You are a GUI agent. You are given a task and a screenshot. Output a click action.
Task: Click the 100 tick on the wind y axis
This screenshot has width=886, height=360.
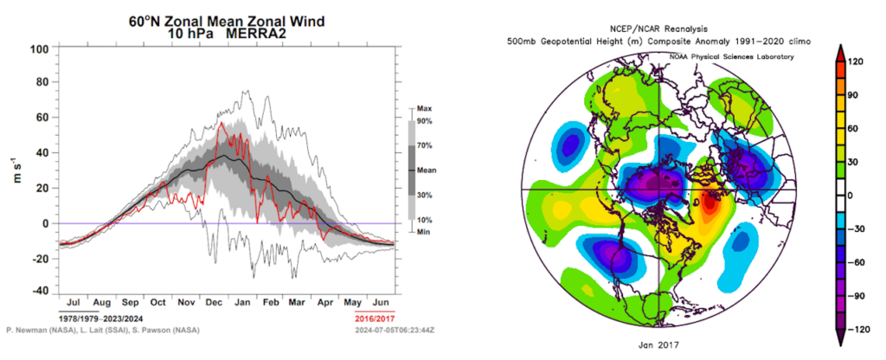pos(38,48)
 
